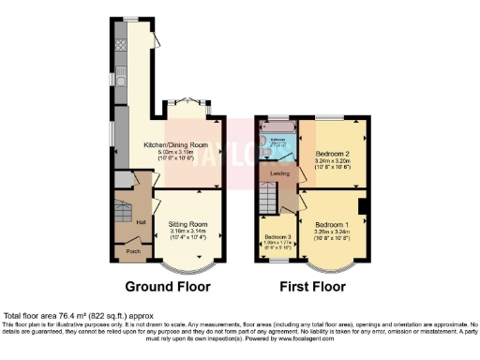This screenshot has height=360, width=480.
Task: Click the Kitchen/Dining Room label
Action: click(x=175, y=145)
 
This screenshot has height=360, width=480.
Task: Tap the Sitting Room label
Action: click(x=187, y=226)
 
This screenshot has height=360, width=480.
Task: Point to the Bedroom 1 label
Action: click(x=332, y=226)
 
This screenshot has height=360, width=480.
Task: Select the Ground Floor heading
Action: click(x=168, y=286)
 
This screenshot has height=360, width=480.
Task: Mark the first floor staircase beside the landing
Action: click(x=270, y=199)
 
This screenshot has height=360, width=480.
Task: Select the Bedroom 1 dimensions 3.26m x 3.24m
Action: click(x=332, y=235)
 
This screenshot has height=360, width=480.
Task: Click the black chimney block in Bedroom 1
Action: click(x=362, y=206)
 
